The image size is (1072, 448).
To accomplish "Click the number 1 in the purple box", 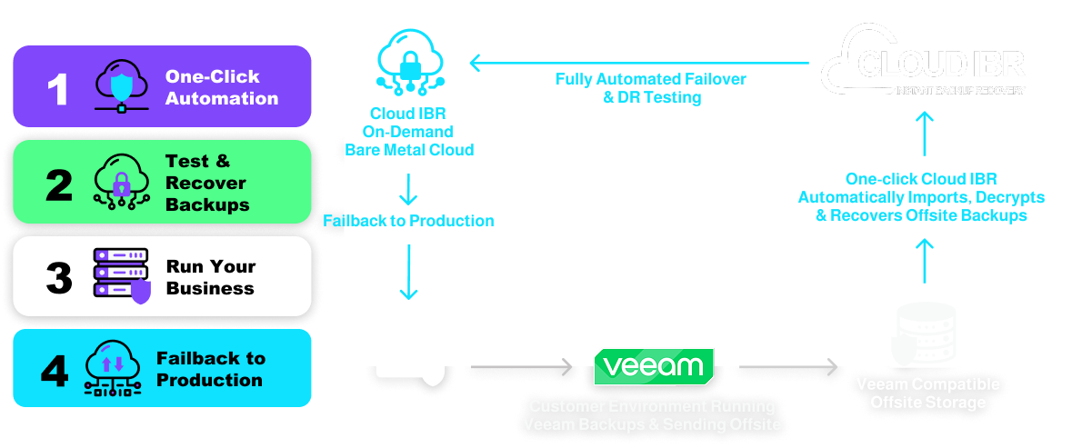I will pyautogui.click(x=57, y=89).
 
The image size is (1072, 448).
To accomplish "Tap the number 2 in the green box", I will pyautogui.click(x=58, y=184).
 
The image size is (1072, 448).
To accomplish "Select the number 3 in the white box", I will pyautogui.click(x=58, y=278).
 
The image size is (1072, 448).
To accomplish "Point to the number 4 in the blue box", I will pyautogui.click(x=55, y=371).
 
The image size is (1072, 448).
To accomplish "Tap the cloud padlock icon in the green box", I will pyautogui.click(x=120, y=182).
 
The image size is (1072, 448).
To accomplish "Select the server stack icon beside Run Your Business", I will pyautogui.click(x=121, y=276).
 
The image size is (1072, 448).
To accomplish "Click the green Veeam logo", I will pyautogui.click(x=653, y=366).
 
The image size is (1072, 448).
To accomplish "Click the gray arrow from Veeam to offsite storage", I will pyautogui.click(x=787, y=367).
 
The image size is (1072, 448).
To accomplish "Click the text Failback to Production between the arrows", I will pyautogui.click(x=408, y=221).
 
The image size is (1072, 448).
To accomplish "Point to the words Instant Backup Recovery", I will pyautogui.click(x=960, y=91).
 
